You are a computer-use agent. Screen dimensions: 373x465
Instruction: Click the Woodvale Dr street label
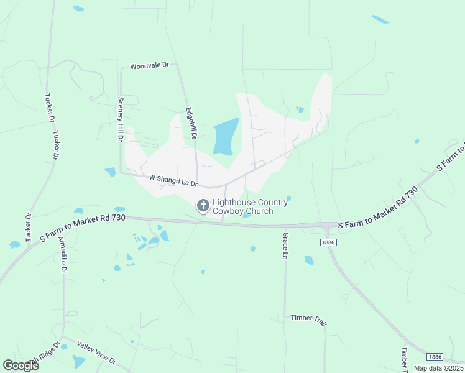click(149, 65)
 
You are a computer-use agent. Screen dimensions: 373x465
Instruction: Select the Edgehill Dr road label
click(191, 123)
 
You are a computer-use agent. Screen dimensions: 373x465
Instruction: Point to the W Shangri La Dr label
click(173, 180)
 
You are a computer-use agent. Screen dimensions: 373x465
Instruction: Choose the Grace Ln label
click(285, 246)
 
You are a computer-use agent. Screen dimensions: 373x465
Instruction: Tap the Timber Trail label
click(308, 318)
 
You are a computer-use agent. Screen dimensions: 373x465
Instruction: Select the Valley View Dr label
click(96, 352)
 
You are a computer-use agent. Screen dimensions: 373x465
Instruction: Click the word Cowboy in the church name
click(226, 211)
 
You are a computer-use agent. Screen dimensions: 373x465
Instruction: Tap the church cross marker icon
click(203, 205)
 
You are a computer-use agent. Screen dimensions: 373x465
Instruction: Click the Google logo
click(21, 366)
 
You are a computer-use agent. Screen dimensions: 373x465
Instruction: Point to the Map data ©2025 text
click(438, 368)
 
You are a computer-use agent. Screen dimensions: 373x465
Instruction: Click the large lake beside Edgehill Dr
click(226, 136)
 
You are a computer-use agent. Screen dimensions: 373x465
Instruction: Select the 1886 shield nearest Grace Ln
click(329, 242)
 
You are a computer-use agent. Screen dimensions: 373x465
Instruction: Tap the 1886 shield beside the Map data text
click(435, 357)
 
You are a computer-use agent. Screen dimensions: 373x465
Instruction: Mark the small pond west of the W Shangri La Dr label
click(110, 172)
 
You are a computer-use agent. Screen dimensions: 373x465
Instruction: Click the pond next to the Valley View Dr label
click(78, 362)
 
